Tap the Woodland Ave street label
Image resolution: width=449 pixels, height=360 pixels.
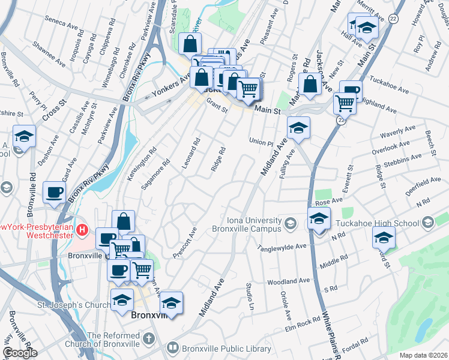tap(289, 281)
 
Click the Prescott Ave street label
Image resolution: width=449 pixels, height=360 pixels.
tap(193, 239)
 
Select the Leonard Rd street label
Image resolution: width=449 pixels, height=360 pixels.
tap(196, 152)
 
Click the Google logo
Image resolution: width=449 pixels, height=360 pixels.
tap(20, 353)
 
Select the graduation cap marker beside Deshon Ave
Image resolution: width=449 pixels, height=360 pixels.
tap(24, 136)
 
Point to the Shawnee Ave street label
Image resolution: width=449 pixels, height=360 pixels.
tap(49, 53)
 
